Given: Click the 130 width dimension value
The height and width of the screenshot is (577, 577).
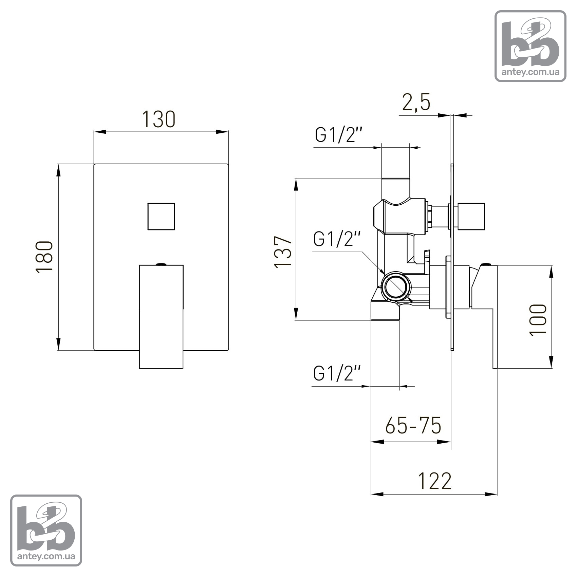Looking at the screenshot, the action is tap(159, 119).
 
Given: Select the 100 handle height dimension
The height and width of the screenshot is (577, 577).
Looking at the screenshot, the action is tap(538, 320).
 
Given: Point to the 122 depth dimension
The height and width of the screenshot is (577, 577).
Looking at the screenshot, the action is tap(435, 481).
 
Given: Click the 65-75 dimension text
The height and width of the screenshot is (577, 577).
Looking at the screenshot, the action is tap(413, 425).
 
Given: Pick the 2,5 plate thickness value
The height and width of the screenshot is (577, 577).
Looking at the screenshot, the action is tap(416, 102).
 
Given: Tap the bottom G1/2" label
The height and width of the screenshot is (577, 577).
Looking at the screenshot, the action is tap(337, 373).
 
